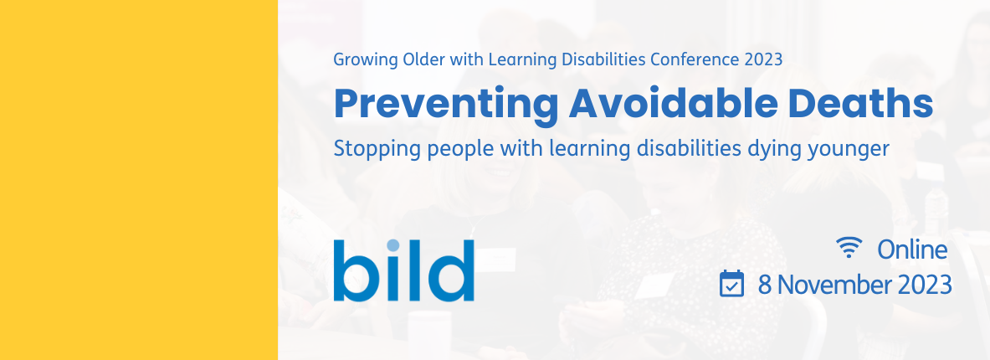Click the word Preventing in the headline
point(446,104)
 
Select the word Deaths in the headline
point(854,103)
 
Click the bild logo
point(404,270)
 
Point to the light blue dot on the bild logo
point(393,245)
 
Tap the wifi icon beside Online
point(849,248)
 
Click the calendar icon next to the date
point(731,284)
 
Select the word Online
point(912,250)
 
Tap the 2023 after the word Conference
point(763,59)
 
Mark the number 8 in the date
point(765,285)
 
